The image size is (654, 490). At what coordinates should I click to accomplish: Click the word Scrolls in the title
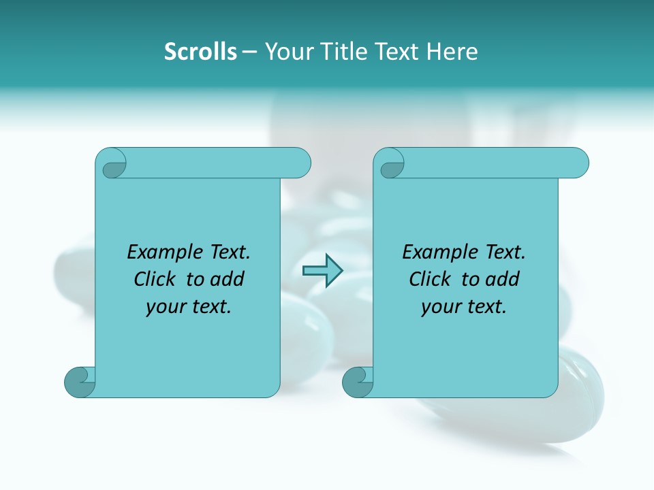click(200, 52)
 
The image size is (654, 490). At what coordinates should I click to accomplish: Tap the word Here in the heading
click(452, 52)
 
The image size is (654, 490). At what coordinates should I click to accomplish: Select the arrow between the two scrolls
click(322, 271)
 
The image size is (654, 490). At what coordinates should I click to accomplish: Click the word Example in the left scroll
click(158, 252)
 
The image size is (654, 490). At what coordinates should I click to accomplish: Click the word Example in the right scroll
click(433, 252)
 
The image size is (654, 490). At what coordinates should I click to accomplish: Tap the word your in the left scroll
click(164, 307)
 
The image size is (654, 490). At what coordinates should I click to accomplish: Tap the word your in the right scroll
click(439, 307)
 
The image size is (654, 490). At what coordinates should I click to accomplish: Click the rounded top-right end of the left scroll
click(300, 163)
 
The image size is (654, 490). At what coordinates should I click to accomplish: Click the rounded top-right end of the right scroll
click(578, 163)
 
